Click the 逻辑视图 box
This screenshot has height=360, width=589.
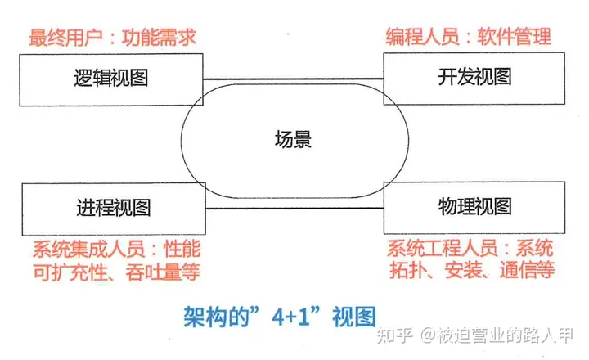110,79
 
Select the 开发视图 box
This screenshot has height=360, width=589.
474,79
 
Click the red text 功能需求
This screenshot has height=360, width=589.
164,37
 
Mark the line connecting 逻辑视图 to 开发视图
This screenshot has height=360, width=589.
293,79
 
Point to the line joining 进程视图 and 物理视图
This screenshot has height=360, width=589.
293,209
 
